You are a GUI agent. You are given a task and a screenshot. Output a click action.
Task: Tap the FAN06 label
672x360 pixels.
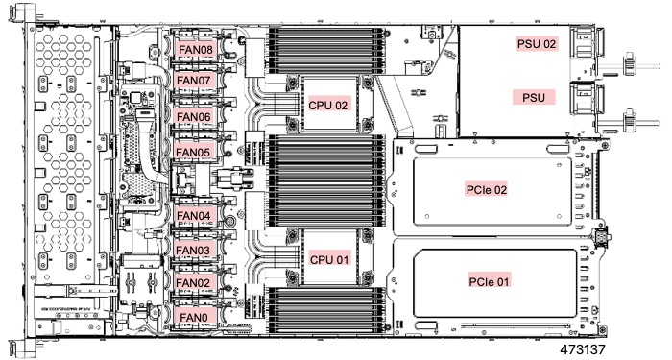coord(195,117)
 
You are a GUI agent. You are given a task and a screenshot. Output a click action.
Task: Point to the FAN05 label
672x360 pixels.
coord(195,153)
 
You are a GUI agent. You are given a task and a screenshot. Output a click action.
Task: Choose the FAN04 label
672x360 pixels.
coord(195,216)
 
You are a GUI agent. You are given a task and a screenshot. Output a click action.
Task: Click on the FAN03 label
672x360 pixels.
coord(195,251)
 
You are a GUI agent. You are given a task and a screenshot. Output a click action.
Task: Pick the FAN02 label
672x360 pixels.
coord(195,283)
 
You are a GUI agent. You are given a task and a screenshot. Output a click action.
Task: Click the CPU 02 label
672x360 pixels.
coord(328,105)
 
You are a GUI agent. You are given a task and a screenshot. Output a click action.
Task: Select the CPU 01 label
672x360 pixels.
coord(328,259)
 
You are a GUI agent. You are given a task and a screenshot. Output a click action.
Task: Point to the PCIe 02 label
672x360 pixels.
coord(488,189)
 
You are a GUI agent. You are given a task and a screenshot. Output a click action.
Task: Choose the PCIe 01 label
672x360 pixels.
coord(488,281)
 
